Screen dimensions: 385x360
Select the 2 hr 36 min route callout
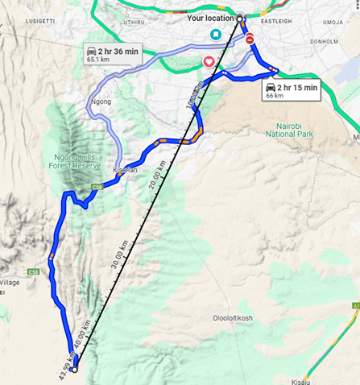click(x=112, y=54)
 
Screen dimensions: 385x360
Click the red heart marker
click(x=209, y=61)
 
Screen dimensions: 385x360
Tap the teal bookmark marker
click(x=216, y=34)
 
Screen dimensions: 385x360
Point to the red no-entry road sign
click(x=250, y=39)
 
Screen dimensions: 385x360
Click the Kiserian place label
click(x=126, y=170)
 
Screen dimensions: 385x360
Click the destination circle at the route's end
click(x=74, y=370)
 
